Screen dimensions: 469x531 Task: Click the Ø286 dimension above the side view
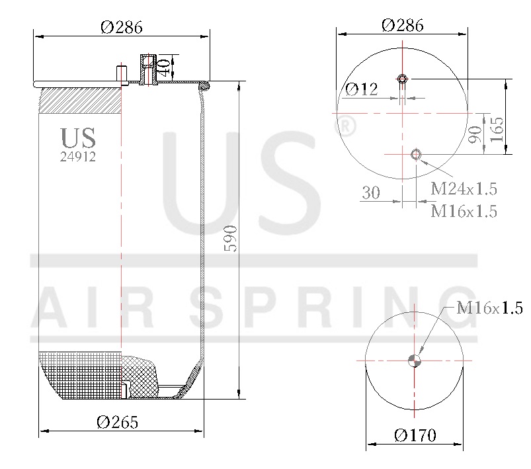(x=122, y=27)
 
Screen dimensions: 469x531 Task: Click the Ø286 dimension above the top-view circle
(x=403, y=25)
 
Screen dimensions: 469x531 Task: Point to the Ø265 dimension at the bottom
(x=118, y=422)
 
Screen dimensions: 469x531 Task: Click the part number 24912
(x=78, y=157)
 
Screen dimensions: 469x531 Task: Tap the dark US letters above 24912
(x=78, y=138)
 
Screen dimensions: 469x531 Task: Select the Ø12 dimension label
(x=362, y=89)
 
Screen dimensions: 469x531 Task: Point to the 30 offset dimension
(x=371, y=192)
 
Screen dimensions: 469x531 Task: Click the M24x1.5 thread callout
(x=464, y=189)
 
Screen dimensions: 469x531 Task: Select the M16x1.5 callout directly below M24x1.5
(x=464, y=211)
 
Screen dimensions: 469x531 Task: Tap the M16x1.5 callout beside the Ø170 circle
(x=490, y=308)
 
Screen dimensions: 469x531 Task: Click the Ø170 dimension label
(x=415, y=435)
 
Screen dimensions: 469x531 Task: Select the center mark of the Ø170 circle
(x=415, y=361)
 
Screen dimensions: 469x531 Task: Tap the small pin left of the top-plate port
(x=122, y=74)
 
